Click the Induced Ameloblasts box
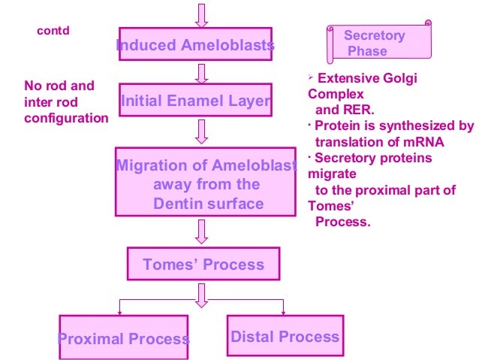pyautogui.click(x=195, y=45)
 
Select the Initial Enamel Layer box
pyautogui.click(x=195, y=101)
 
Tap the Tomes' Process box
pyautogui.click(x=203, y=265)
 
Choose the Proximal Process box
pyautogui.click(x=124, y=338)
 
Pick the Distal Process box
pyautogui.click(x=285, y=337)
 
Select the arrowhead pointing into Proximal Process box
pyautogui.click(x=119, y=310)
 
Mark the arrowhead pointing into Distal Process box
pyautogui.click(x=283, y=310)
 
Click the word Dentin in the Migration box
pyautogui.click(x=178, y=203)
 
